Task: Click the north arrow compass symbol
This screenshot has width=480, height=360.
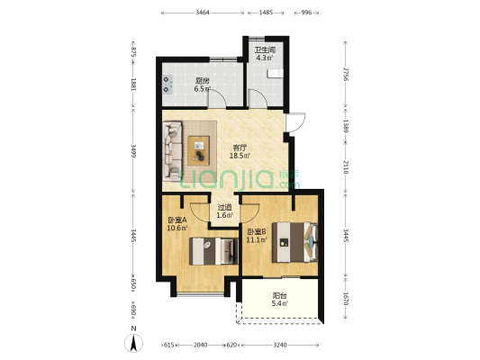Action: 133,343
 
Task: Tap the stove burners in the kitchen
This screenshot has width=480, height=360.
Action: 167,85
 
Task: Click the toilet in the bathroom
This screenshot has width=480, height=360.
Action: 276,74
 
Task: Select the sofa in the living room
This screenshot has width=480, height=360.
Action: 172,150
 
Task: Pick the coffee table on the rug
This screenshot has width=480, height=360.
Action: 199,151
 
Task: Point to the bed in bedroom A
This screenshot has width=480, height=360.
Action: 213,251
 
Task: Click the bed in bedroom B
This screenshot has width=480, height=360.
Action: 295,242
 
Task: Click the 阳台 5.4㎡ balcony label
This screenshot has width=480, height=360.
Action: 280,300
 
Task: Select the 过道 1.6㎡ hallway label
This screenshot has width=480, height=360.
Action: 225,211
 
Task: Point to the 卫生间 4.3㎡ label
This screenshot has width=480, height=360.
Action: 265,53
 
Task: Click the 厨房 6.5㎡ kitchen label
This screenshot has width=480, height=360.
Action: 203,85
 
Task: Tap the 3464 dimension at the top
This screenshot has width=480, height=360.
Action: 203,13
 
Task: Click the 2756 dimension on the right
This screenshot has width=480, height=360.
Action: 346,74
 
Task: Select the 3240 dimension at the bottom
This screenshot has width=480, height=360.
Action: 280,345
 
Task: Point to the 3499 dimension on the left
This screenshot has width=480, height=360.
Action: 133,151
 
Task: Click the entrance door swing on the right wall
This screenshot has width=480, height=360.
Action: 295,122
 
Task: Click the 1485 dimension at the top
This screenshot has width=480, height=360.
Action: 266,13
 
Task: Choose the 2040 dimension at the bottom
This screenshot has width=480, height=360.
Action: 201,345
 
